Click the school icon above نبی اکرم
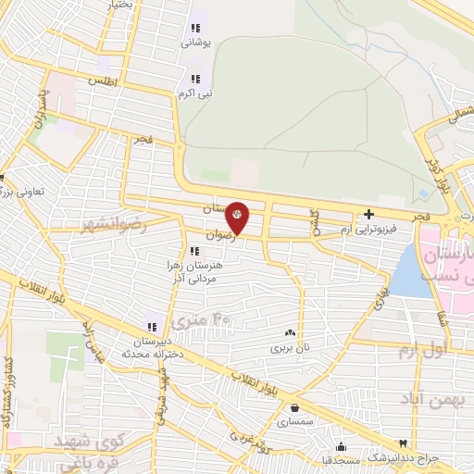pyautogui.click(x=195, y=79)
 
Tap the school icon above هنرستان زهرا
pyautogui.click(x=193, y=251)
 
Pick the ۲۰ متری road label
pyautogui.click(x=221, y=320)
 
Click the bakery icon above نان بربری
pyautogui.click(x=290, y=332)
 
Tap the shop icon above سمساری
pyautogui.click(x=294, y=406)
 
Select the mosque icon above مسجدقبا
pyautogui.click(x=341, y=445)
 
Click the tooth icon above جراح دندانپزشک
pyautogui.click(x=402, y=444)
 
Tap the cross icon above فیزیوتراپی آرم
pyautogui.click(x=368, y=214)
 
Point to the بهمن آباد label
pyautogui.click(x=430, y=398)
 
